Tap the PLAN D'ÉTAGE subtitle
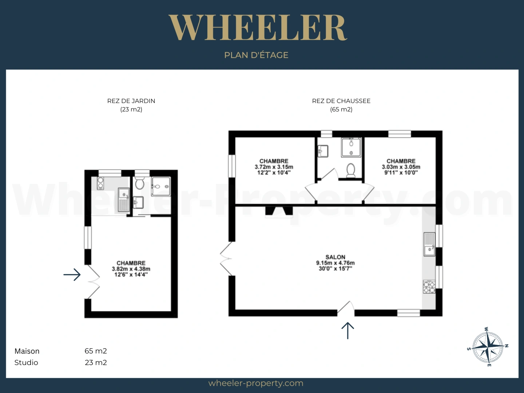[x=256, y=55]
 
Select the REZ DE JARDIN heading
[x=131, y=101]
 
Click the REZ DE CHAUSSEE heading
[x=341, y=101]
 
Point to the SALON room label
[x=336, y=257]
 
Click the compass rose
[x=488, y=346]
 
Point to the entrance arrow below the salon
[x=348, y=331]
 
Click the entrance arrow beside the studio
[x=72, y=275]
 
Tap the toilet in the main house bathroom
[x=351, y=170]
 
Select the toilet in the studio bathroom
[x=139, y=183]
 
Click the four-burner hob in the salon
[x=429, y=287]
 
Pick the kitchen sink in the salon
[x=429, y=244]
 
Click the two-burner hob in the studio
[x=100, y=183]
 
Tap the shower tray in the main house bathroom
[x=351, y=147]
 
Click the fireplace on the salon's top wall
[x=279, y=211]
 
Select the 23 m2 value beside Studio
[x=96, y=362]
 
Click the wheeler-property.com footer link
[x=256, y=383]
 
